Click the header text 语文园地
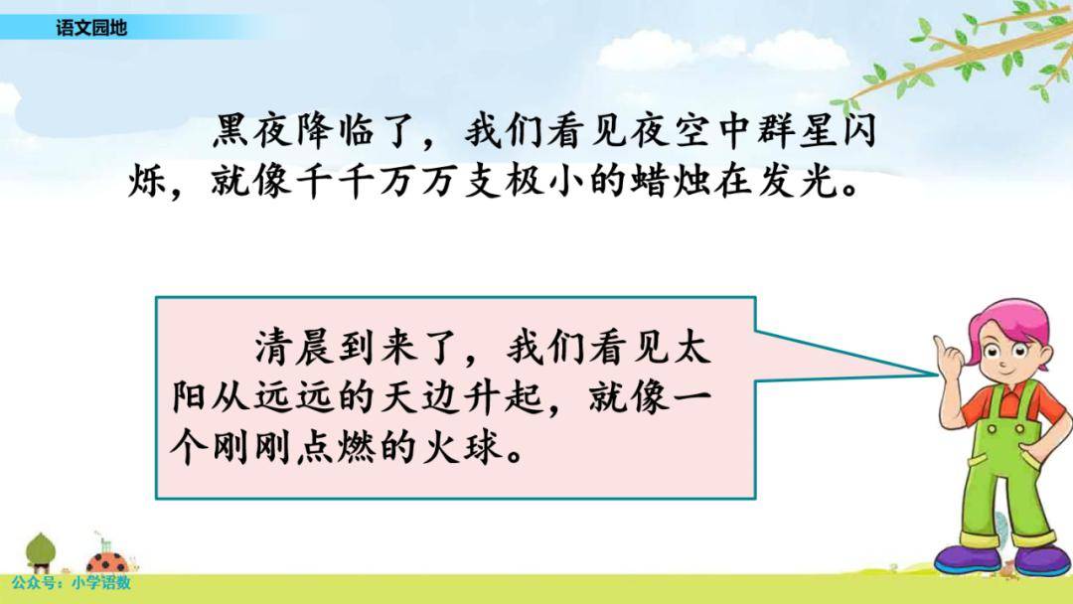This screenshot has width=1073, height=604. tap(91, 28)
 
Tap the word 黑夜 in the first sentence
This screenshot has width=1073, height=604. tap(253, 130)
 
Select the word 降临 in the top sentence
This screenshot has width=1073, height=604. tap(337, 130)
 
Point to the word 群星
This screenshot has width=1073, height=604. tap(794, 130)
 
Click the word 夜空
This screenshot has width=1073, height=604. tap(670, 130)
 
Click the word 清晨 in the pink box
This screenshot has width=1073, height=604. tap(295, 346)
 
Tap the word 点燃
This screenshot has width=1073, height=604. tap(337, 448)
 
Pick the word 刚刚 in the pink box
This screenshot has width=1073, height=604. tap(253, 448)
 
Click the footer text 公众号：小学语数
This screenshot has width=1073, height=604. tap(72, 583)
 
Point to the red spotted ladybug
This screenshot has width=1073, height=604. tap(108, 562)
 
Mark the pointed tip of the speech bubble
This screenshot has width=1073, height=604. tap(936, 375)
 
